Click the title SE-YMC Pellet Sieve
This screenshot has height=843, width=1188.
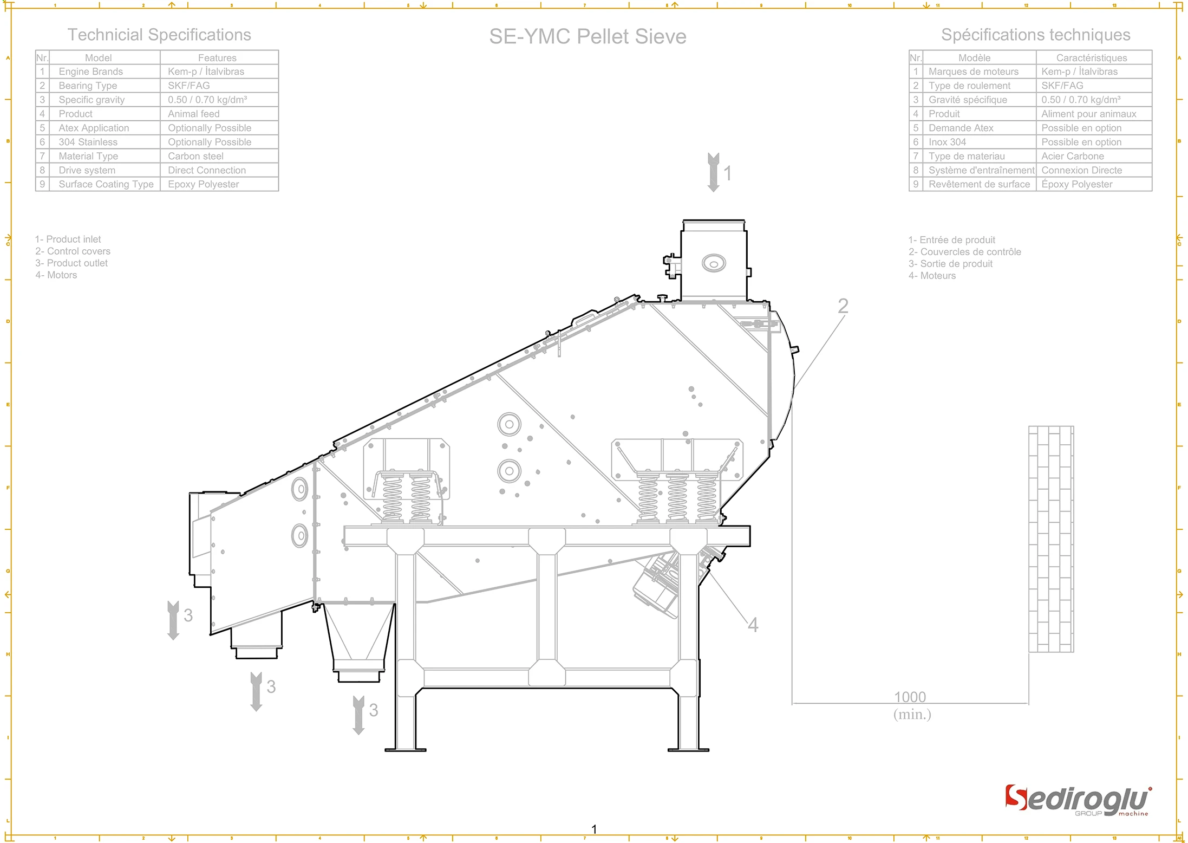coord(588,36)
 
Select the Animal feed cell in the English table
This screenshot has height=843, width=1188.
coord(194,114)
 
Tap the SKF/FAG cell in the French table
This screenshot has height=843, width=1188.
coord(1062,86)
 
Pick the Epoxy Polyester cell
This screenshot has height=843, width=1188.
coord(203,184)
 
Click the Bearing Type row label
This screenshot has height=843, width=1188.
coord(88,86)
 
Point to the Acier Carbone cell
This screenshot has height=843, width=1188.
coord(1072,156)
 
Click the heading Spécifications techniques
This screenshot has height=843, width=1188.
coord(1035,35)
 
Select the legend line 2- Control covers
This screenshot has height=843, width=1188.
coord(73,251)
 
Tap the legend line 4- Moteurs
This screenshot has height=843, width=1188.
coord(932,276)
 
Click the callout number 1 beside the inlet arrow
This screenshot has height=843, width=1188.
coord(728,173)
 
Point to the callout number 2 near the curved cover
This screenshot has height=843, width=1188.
coord(843,306)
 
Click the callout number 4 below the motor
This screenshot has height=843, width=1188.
coord(753,625)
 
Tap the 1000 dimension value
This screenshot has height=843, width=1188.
coord(910,697)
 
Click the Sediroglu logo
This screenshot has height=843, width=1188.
coord(1078,801)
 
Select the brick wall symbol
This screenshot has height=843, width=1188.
coord(1050,539)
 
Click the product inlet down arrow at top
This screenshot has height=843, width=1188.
coord(713,172)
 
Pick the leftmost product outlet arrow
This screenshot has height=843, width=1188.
coord(173,620)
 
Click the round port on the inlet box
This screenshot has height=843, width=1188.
coord(714,264)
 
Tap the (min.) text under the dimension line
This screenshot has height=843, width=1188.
coord(912,714)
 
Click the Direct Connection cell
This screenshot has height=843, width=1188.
coord(207,170)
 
